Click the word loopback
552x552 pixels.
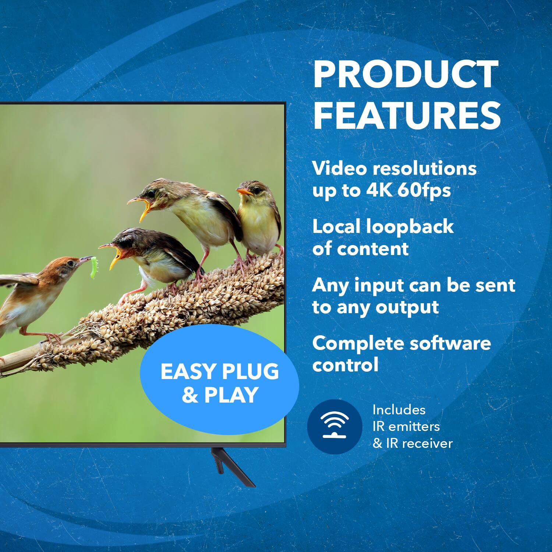[410, 226]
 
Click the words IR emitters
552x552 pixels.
[406, 427]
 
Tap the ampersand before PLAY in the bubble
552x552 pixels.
[190, 395]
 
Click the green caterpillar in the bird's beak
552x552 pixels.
[94, 267]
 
